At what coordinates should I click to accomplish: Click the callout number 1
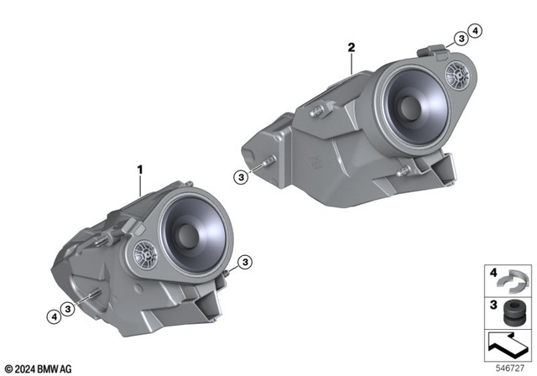click(141, 169)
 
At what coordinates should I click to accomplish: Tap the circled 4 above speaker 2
click(477, 34)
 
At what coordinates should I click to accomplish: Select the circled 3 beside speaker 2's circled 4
click(461, 37)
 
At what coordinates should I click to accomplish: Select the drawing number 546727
click(513, 368)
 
